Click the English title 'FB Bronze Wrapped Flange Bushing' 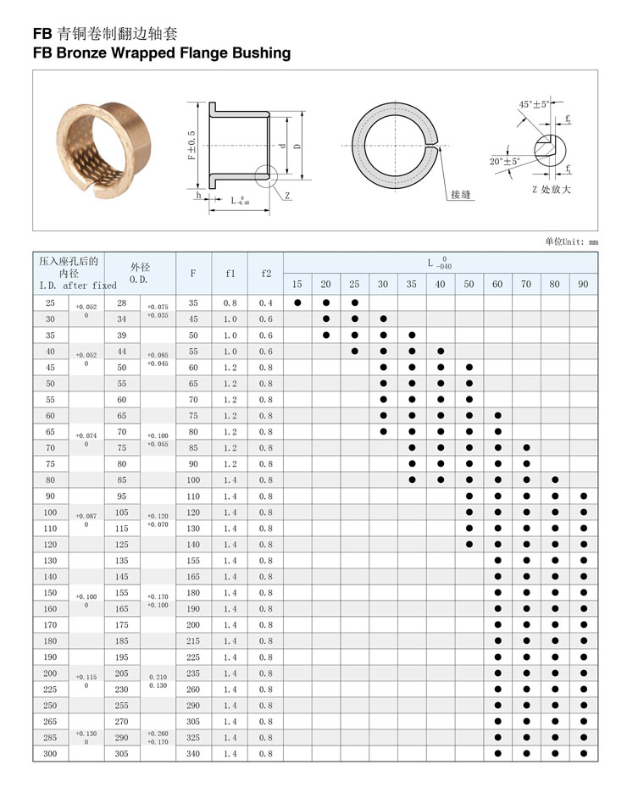[161, 53]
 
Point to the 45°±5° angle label [534, 104]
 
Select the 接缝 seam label [461, 195]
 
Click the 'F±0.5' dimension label [192, 145]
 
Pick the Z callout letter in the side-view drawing [288, 196]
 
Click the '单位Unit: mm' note [571, 241]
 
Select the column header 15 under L [297, 284]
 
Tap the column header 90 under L [583, 284]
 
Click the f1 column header [230, 274]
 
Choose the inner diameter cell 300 [50, 754]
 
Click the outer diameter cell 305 [122, 754]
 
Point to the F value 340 [193, 754]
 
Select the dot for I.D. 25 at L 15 [297, 303]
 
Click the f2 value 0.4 [266, 303]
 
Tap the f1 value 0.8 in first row [230, 303]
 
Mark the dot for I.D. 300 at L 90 [583, 754]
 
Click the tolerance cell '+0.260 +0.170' [158, 738]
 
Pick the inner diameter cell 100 [50, 513]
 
